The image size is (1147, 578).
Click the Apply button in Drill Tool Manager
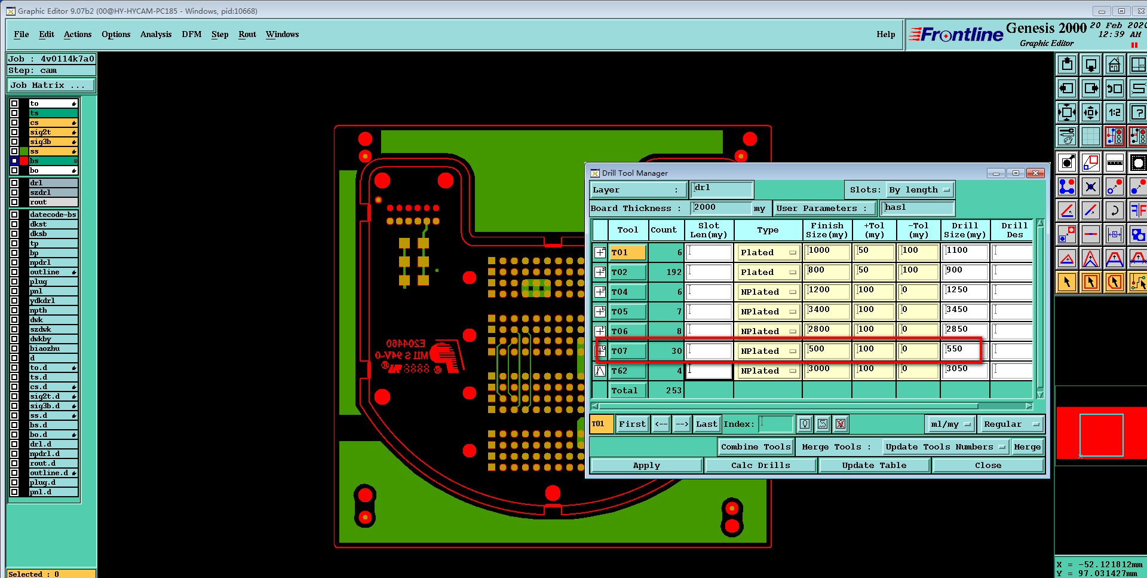[646, 465]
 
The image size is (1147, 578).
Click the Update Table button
[873, 465]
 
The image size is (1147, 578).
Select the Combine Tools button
[755, 447]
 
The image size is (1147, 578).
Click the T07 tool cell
[627, 351]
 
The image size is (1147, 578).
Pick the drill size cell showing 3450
[964, 310]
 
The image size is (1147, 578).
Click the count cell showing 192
[666, 272]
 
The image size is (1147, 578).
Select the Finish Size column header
[827, 230]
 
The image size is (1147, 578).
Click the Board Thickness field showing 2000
[720, 207]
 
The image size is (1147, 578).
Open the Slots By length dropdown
[919, 190]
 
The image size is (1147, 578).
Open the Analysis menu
[156, 35]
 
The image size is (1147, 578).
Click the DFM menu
[192, 35]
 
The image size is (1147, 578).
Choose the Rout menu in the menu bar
[247, 35]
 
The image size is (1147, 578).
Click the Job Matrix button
[50, 85]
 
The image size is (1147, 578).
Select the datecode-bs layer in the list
[53, 215]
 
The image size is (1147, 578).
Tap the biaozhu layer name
[45, 348]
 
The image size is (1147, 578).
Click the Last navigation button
[706, 424]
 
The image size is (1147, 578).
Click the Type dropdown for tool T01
[768, 253]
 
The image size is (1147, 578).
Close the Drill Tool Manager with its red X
[1035, 173]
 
